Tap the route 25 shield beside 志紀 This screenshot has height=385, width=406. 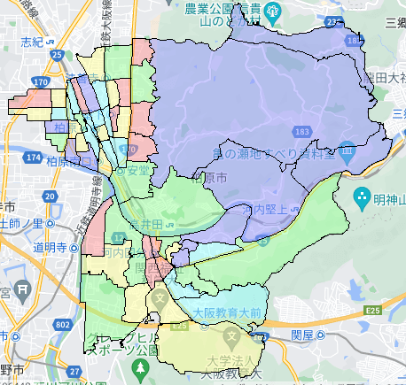pos(58,56)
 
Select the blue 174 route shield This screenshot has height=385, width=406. pos(34,157)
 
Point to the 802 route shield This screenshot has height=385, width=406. pos(60,325)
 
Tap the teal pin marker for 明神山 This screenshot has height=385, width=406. pos(362,196)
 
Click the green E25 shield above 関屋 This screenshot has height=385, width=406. pos(371,311)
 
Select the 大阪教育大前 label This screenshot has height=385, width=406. pos(227,312)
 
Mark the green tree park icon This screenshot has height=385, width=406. pos(139,366)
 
